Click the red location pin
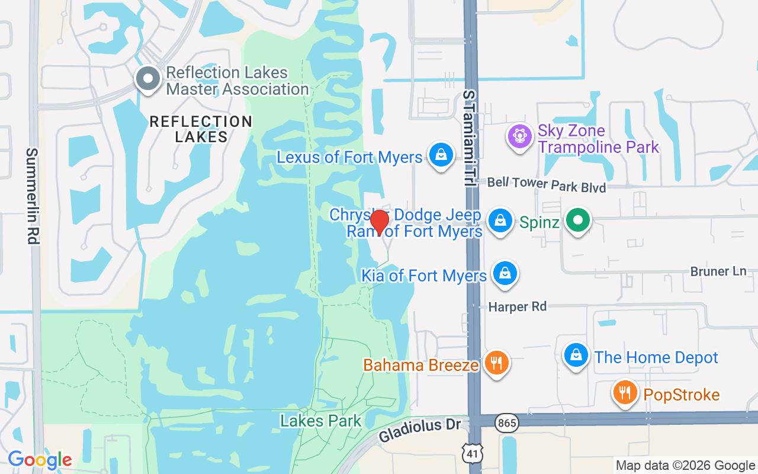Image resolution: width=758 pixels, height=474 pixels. [379, 222]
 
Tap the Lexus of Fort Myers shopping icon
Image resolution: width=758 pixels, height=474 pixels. [441, 155]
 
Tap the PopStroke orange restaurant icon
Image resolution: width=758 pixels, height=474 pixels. [625, 393]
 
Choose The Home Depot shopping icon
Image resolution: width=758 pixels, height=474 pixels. [576, 355]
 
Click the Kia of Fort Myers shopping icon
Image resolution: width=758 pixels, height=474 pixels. [505, 273]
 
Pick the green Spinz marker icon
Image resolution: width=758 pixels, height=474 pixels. [578, 221]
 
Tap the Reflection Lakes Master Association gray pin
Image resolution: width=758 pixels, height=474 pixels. [147, 79]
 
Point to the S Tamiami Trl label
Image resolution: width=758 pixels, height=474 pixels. [470, 139]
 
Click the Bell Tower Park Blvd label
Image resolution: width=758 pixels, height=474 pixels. [547, 184]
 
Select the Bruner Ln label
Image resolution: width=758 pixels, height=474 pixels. [718, 271]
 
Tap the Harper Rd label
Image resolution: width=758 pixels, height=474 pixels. [517, 306]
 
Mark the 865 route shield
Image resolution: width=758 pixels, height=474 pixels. [508, 422]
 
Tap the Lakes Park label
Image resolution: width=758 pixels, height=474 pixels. [320, 421]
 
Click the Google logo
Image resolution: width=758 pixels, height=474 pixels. [40, 460]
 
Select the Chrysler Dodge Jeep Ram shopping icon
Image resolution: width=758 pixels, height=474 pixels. [500, 220]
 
